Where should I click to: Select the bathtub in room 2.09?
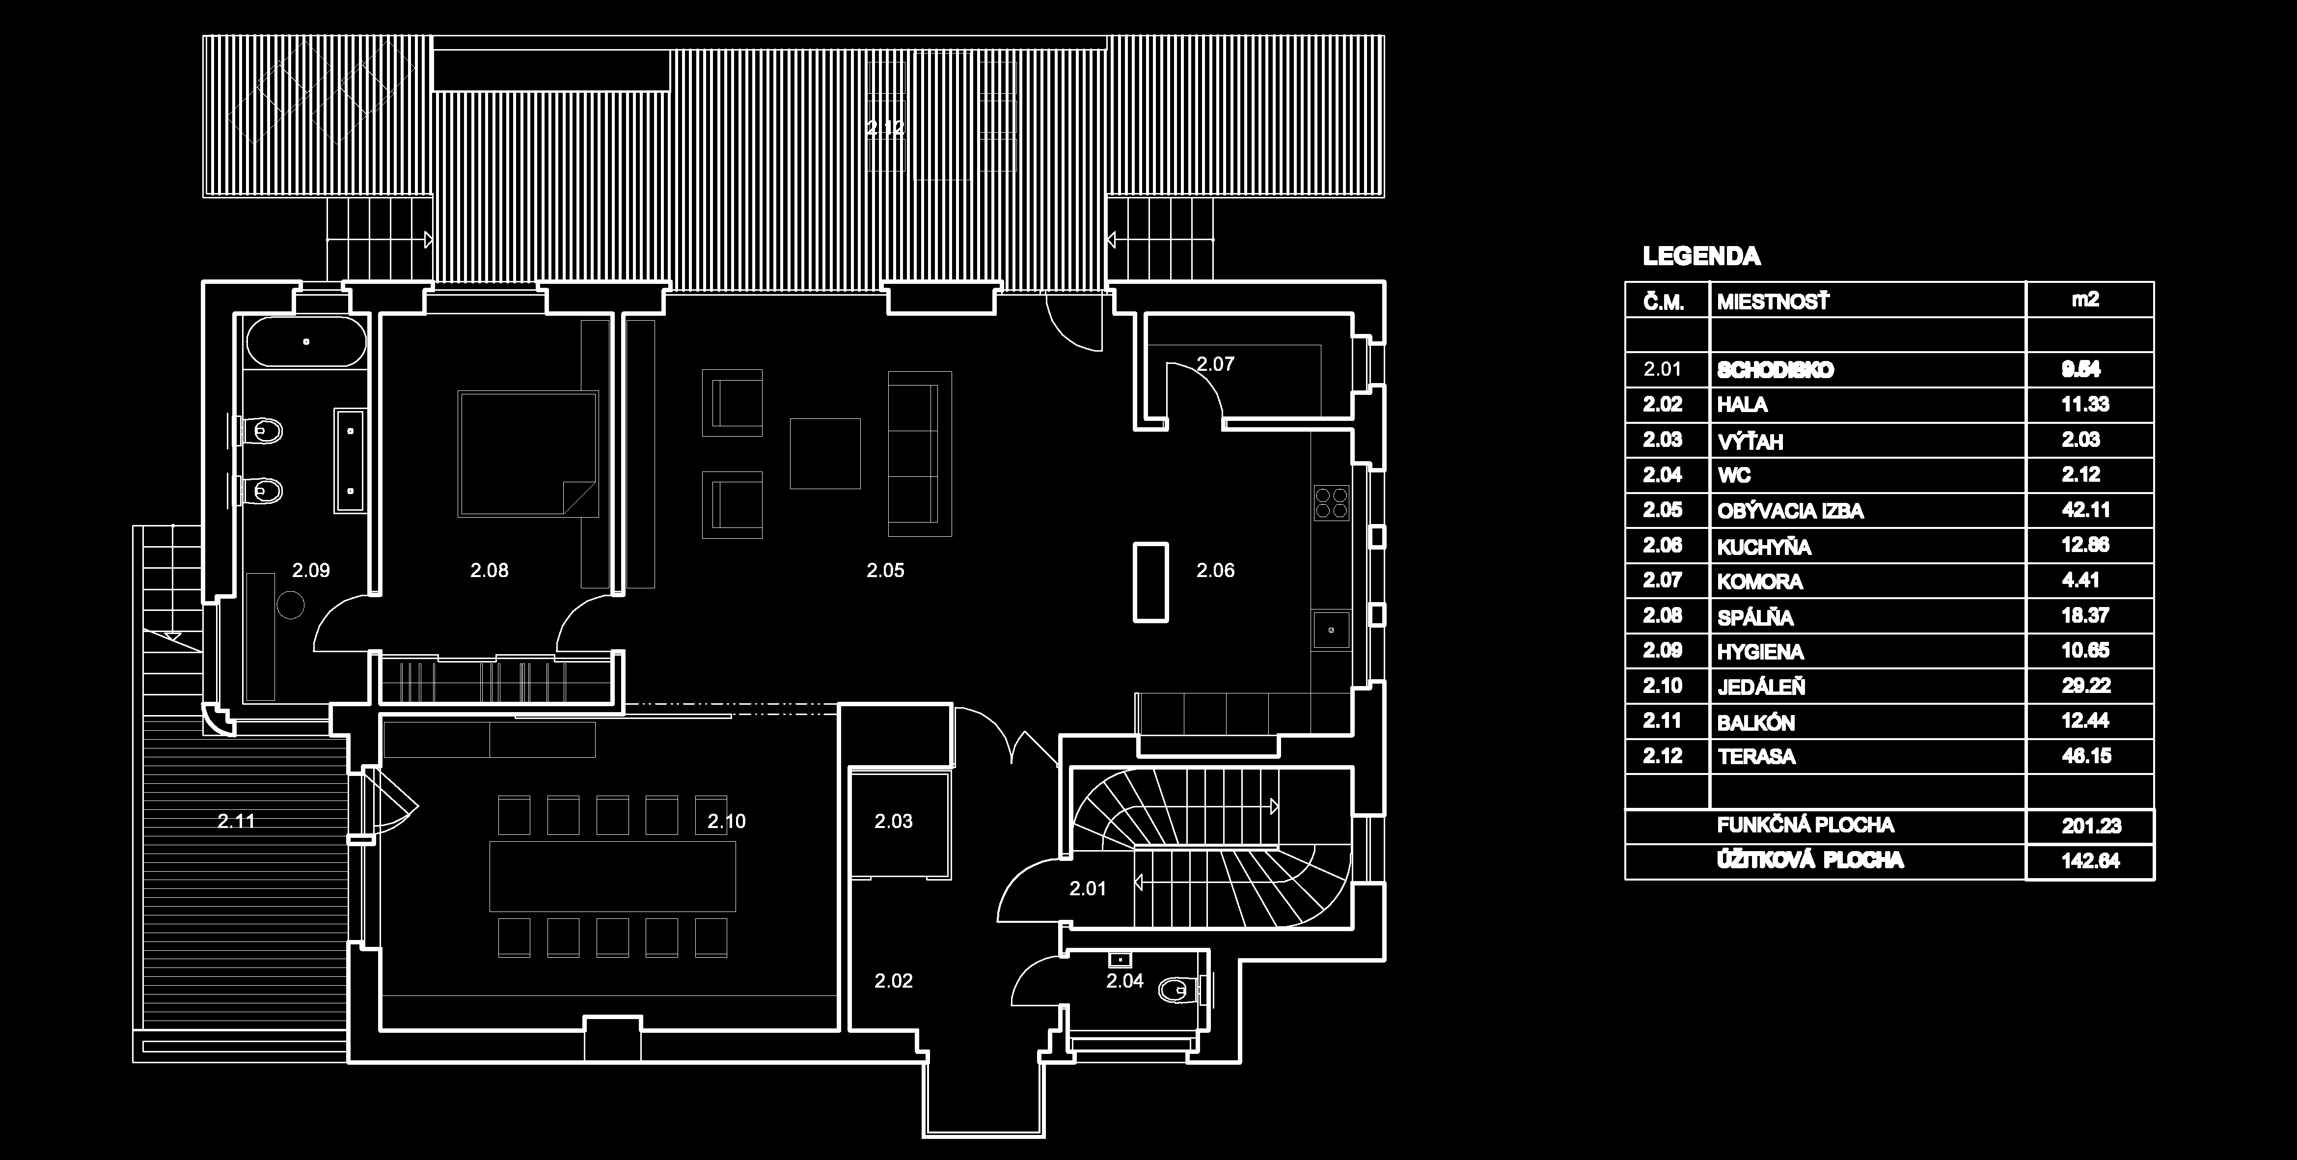tap(306, 341)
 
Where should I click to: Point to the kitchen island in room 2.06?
tap(1150, 581)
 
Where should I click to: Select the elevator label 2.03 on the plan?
tap(894, 821)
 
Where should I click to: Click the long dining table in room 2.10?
tap(613, 876)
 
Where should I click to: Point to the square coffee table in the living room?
tap(825, 453)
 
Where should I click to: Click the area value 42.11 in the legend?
tap(2085, 510)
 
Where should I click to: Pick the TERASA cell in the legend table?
tap(1756, 757)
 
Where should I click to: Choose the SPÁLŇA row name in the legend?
tap(1755, 617)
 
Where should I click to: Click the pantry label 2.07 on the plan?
tap(1215, 364)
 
